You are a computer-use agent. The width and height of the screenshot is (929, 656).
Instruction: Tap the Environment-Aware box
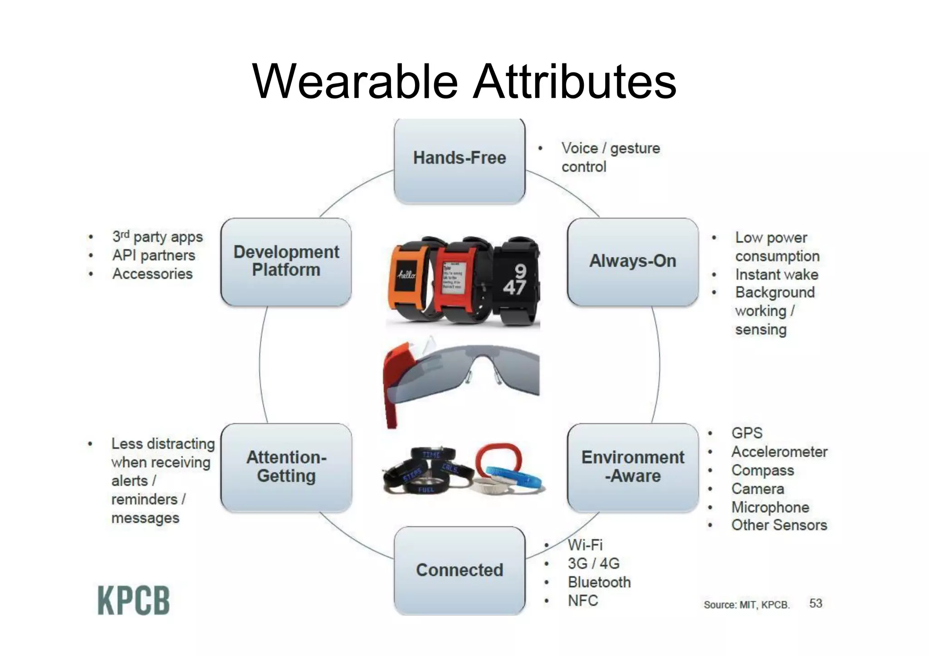[632, 467]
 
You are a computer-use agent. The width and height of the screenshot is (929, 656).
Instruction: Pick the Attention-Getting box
[286, 467]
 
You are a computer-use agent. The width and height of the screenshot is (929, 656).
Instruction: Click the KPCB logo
[133, 601]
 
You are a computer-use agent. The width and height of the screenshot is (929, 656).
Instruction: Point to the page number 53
[816, 603]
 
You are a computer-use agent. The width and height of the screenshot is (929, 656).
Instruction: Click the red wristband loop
[499, 458]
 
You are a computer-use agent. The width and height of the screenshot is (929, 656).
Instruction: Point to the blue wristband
[517, 479]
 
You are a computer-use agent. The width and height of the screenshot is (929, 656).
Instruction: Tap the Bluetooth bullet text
[599, 582]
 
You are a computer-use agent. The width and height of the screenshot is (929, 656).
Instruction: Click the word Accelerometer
[779, 452]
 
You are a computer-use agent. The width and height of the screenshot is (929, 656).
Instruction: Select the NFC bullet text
[583, 601]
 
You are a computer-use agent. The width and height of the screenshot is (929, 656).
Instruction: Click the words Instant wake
[777, 275]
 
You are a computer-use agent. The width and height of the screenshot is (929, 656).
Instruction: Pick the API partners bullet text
[154, 256]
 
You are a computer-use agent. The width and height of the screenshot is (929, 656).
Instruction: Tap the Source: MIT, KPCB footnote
[747, 605]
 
